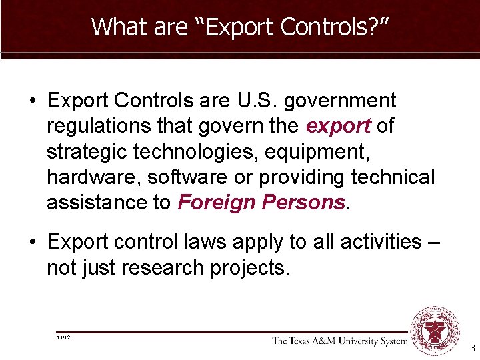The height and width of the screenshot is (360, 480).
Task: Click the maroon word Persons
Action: click(x=309, y=203)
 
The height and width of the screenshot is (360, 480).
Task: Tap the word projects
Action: click(x=254, y=267)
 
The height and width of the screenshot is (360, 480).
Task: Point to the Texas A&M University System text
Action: click(x=339, y=341)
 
